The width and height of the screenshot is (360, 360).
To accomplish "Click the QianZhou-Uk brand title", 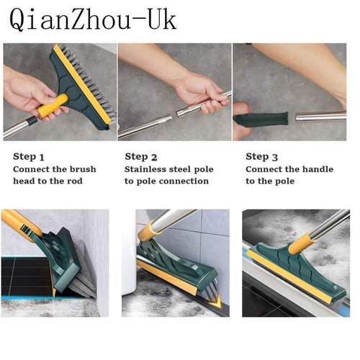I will (92, 19).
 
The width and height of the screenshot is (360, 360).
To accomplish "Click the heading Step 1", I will (29, 156).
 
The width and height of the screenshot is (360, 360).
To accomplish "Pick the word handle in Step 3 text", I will (318, 169).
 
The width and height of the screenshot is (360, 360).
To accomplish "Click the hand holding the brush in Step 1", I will (25, 90).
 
